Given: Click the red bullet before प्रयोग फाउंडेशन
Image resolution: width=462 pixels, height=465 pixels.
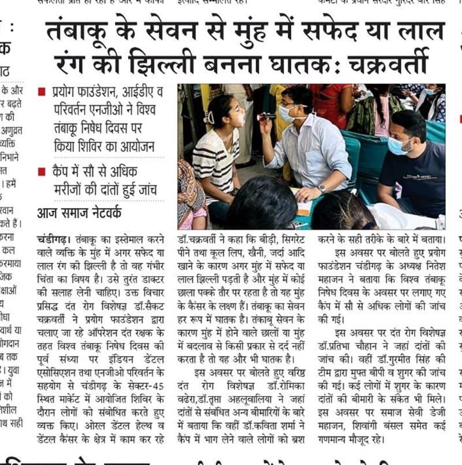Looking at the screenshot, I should point(41,92).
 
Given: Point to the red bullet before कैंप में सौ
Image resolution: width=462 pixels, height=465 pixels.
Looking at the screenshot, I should point(41,172).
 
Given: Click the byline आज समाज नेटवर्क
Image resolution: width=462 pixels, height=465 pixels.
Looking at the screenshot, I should point(80,213).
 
